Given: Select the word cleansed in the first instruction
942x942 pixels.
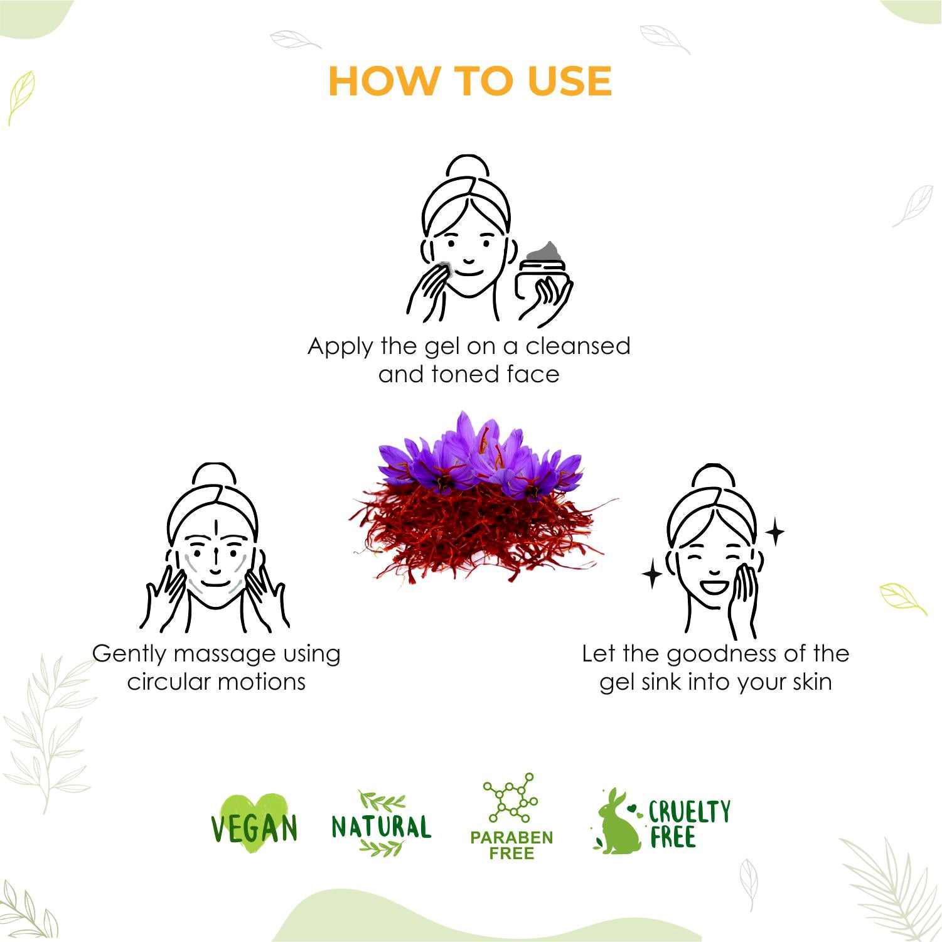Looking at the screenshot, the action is pyautogui.click(x=578, y=346).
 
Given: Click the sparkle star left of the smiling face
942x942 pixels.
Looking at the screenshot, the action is pyautogui.click(x=653, y=574).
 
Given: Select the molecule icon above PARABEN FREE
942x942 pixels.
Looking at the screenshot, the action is pyautogui.click(x=510, y=798).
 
